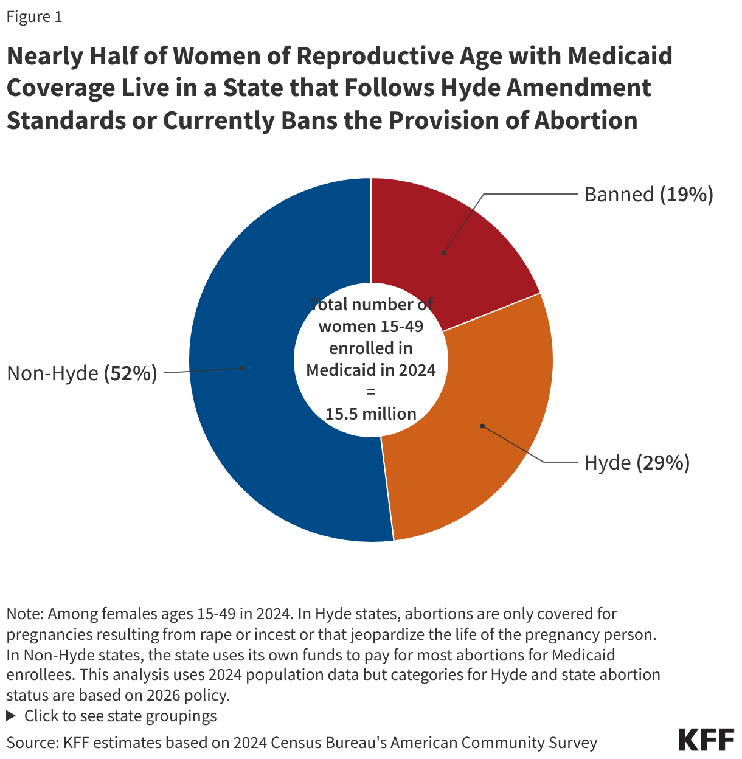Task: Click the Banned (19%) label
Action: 648,195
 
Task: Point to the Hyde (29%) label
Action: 637,463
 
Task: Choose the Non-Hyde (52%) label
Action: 82,373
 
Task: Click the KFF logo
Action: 706,740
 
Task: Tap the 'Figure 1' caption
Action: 34,17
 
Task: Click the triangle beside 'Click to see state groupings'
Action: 11,716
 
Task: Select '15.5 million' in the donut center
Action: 371,414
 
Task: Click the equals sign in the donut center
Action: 371,392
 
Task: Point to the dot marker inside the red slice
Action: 444,252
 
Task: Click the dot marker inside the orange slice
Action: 482,426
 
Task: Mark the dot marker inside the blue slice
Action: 242,367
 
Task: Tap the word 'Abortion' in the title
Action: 586,120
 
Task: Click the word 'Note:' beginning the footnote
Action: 25,614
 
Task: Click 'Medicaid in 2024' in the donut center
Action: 371,370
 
